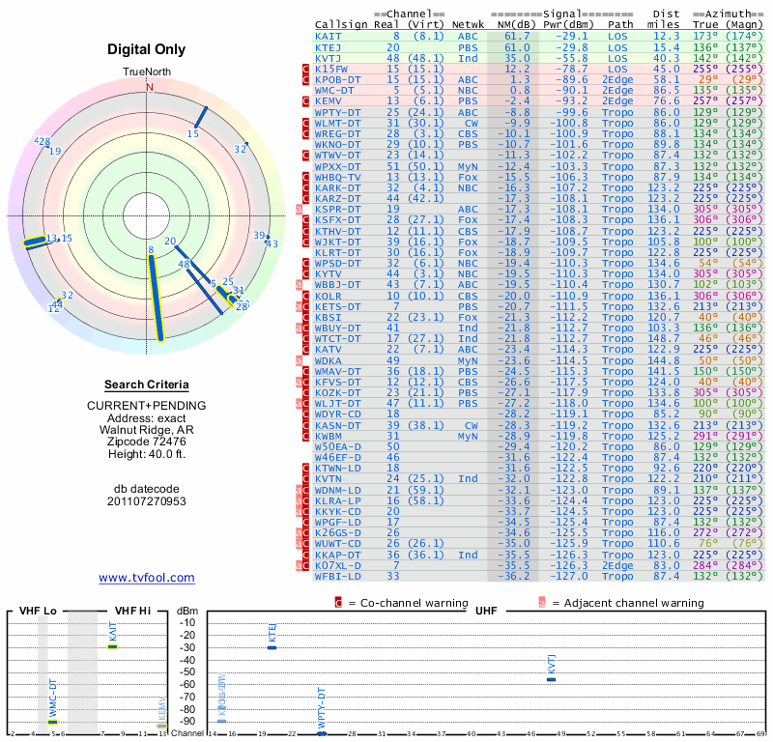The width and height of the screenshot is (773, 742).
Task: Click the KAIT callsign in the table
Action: click(x=329, y=35)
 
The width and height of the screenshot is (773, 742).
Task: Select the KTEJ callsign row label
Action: click(x=329, y=46)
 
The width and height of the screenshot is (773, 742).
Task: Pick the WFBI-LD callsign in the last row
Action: click(x=338, y=576)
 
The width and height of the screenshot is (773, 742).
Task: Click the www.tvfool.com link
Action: click(x=147, y=578)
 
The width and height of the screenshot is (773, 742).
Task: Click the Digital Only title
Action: click(x=149, y=49)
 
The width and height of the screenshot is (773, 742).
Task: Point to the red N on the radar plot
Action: click(x=149, y=86)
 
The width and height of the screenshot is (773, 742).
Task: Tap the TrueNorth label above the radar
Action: click(x=149, y=72)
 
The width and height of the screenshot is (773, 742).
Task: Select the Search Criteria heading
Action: click(x=149, y=385)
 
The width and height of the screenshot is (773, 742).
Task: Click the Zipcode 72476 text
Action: click(x=149, y=442)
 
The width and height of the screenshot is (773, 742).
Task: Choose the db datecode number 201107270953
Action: click(x=149, y=501)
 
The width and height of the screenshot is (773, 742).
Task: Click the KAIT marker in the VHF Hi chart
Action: click(x=113, y=646)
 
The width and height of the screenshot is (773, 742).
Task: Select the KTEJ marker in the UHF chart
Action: click(x=272, y=647)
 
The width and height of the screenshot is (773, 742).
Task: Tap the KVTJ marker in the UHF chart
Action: click(x=551, y=679)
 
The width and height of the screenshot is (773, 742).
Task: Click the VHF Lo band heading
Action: click(x=38, y=611)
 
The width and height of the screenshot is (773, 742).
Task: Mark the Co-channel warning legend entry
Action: click(x=393, y=603)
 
